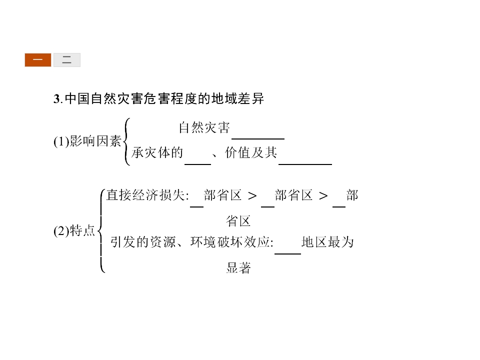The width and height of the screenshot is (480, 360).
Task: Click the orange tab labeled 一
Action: [38, 59]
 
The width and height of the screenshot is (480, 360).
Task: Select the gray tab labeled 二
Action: [66, 59]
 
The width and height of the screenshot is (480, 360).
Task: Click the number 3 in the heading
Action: [56, 99]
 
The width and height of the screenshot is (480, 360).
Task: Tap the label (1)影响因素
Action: [87, 141]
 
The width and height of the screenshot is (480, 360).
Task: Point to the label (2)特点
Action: [74, 230]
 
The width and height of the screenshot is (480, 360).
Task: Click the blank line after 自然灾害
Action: [258, 139]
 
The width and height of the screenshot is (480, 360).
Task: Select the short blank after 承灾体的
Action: [198, 164]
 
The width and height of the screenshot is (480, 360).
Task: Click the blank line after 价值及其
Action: [305, 164]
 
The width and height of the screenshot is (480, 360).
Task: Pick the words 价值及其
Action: [251, 152]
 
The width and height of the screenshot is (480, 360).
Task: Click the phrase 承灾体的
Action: [157, 152]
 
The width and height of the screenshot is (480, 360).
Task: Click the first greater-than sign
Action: [252, 196]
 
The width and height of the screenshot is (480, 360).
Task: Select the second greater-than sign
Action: [323, 196]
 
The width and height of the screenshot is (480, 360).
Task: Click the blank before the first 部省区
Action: [196, 207]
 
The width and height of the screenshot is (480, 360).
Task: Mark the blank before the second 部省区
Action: [268, 207]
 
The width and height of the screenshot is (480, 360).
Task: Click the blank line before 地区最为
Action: [288, 254]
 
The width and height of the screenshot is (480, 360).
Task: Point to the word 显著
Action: [238, 268]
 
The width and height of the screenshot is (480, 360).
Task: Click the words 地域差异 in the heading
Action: [238, 99]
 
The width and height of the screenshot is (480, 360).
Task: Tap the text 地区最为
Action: [327, 242]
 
